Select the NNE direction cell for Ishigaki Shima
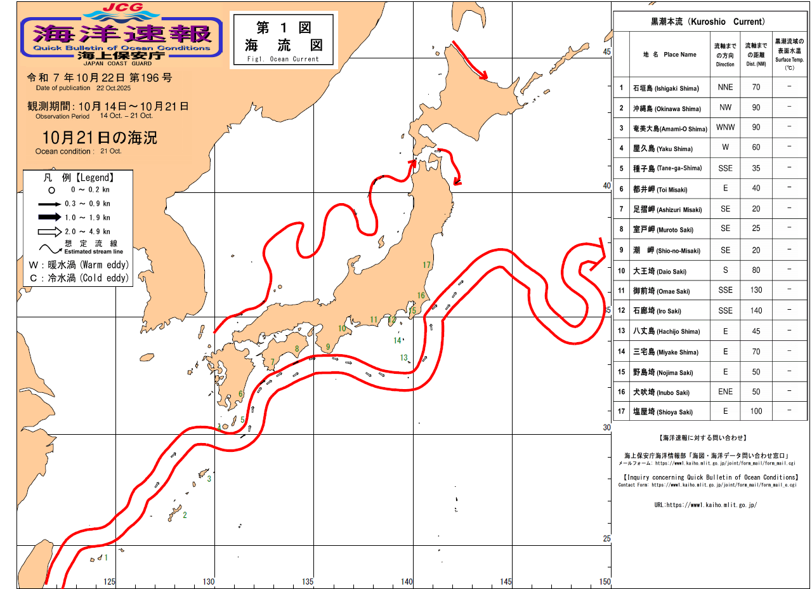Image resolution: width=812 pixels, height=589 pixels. click(x=724, y=88)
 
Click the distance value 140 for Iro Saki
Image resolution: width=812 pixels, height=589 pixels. click(x=756, y=310)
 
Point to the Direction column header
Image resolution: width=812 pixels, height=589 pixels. click(x=724, y=55)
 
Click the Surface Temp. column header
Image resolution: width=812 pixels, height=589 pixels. click(x=789, y=55)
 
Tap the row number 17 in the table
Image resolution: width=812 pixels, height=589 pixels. click(x=622, y=411)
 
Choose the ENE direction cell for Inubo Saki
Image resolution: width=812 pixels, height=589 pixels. click(x=724, y=392)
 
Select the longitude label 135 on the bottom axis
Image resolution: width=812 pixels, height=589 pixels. click(x=308, y=581)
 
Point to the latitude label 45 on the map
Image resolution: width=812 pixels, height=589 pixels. click(x=606, y=51)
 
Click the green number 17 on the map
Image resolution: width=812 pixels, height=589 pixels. click(x=426, y=265)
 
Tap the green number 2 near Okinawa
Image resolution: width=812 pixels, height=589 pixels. click(x=185, y=515)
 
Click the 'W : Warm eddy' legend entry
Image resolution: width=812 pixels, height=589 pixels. click(x=79, y=264)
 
